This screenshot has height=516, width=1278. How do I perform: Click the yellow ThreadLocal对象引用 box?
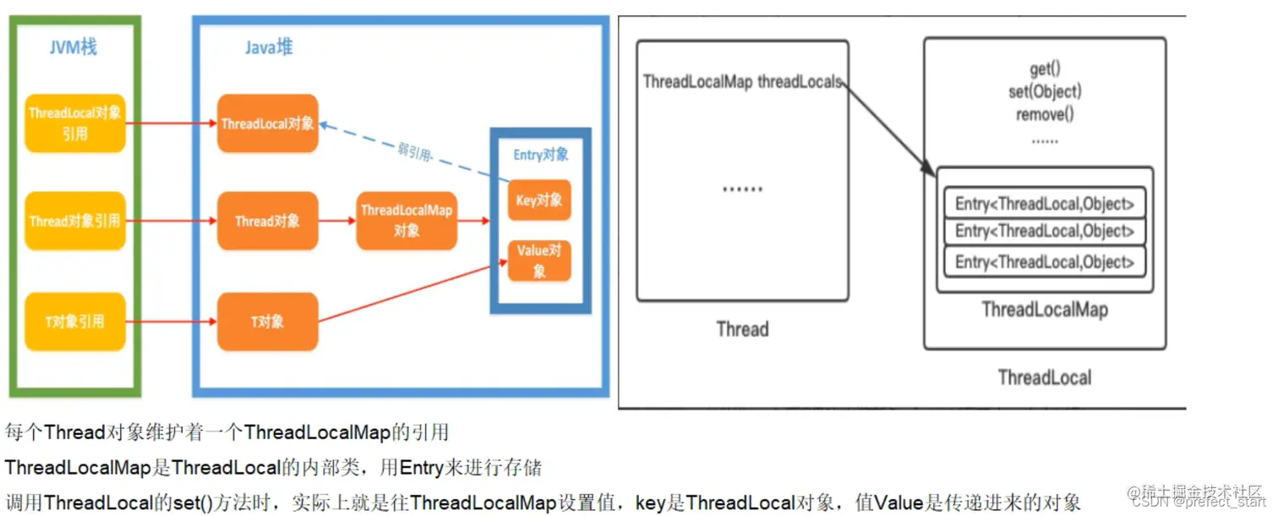[75, 123]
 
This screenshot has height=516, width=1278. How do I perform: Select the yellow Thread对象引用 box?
[75, 221]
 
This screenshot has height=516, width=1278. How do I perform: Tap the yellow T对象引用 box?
[75, 321]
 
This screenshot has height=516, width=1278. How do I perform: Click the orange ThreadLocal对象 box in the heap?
[267, 123]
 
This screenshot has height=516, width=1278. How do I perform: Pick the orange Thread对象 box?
[267, 221]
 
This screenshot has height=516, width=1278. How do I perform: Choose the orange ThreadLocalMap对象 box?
[406, 220]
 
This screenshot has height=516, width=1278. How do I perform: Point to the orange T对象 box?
[267, 322]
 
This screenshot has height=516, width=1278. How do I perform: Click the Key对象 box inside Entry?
[538, 201]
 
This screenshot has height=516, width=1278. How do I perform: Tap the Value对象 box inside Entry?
[538, 260]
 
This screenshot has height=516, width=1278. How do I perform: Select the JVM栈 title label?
[73, 46]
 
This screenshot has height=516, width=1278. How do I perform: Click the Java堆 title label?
[269, 47]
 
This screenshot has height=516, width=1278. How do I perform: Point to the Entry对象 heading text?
[541, 155]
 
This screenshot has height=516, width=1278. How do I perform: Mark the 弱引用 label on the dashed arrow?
[413, 153]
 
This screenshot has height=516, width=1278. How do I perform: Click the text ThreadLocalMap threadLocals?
[741, 82]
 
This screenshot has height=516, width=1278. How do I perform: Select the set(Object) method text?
[1044, 91]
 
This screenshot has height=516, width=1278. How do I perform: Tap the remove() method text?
[1044, 114]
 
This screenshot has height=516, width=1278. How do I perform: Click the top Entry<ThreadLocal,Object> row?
[1044, 204]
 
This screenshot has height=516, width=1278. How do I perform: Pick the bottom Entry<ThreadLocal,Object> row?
[1044, 261]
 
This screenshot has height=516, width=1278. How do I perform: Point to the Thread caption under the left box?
[742, 329]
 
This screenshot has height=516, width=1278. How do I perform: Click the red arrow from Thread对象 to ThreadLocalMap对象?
[336, 221]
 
